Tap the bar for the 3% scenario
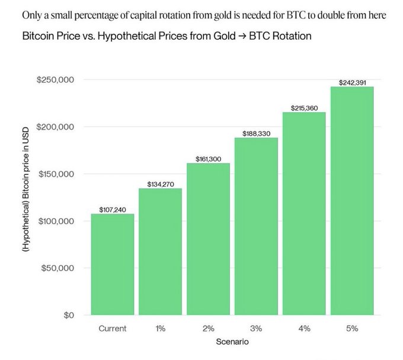[x=256, y=226]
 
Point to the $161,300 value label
[x=208, y=159]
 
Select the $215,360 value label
[x=304, y=108]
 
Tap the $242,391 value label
[x=352, y=82]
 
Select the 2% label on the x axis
[x=208, y=328]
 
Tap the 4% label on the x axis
[x=304, y=328]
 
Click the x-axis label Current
[x=113, y=328]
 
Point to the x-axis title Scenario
[x=232, y=342]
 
